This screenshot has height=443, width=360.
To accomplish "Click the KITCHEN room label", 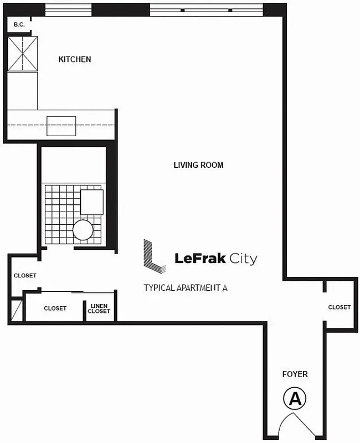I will pos(75,59).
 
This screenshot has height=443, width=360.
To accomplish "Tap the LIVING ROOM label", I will pos(198,165).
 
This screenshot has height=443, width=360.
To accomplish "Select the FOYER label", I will pos(294,374).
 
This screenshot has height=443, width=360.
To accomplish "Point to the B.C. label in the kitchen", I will pos(19,24).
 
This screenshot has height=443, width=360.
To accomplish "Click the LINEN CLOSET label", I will pos(99,308).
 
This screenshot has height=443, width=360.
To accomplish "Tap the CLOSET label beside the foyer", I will pos(339,307).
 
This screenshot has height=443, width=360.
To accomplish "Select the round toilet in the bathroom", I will pos(83,229).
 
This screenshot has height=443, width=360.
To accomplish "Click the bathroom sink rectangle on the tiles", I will pos(92,202).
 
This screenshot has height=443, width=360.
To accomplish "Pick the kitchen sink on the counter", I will pos(61,126).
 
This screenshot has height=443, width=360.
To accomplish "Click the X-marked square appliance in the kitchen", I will pos(22,54).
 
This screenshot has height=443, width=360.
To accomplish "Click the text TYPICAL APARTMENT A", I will pos(186,288).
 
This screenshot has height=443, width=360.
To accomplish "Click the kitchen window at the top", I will pos(68,9).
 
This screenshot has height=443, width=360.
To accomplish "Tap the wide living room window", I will pos(206,9).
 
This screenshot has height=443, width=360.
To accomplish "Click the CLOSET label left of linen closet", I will pos(55,308).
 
